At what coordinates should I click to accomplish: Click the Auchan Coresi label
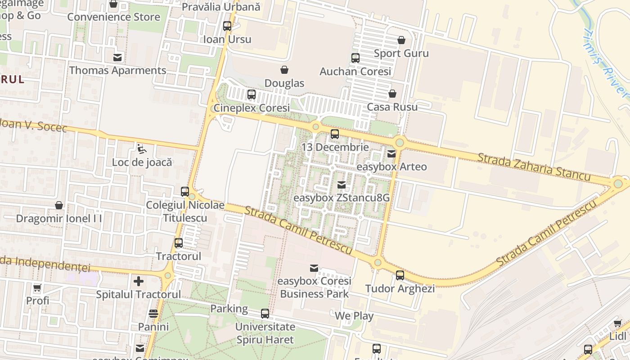tap(355, 72)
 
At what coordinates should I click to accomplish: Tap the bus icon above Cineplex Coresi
tap(252, 94)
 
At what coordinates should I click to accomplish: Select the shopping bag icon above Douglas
tap(284, 70)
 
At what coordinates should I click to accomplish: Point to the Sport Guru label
tap(401, 53)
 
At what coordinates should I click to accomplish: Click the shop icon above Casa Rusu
tap(392, 94)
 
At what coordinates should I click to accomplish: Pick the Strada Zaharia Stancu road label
tap(534, 167)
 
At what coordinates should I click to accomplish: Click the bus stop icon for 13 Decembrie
tap(334, 134)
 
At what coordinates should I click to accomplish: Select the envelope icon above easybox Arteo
tap(391, 153)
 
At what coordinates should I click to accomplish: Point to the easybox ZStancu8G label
tap(342, 198)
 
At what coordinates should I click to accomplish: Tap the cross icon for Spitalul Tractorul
tap(139, 281)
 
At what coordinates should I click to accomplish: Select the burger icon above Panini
tap(153, 314)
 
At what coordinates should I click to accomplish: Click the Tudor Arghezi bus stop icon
tap(400, 275)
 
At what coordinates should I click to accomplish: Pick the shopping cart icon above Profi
tap(37, 288)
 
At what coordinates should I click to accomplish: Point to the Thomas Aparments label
tap(117, 71)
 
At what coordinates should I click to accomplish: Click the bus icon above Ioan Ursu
tap(227, 26)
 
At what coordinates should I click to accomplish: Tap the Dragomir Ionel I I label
tap(59, 219)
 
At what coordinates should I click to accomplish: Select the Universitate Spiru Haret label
tap(265, 333)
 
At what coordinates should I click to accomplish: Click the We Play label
tap(354, 316)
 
